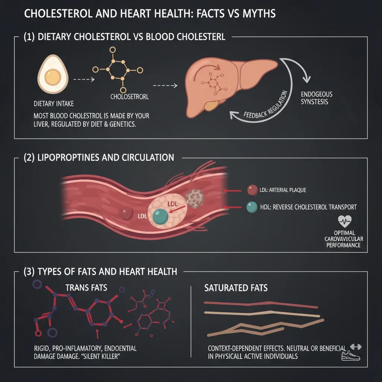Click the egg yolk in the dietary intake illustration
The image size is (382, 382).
tap(52, 76)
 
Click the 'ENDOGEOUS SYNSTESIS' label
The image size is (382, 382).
tap(316, 98)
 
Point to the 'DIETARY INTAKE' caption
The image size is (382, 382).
tap(54, 104)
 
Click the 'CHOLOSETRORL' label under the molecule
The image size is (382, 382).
tap(129, 97)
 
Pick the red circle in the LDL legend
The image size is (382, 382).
tap(253, 190)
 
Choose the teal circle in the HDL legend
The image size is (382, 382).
tap(252, 207)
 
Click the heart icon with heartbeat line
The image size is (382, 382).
tap(345, 221)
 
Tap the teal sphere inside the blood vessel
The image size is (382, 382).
tap(160, 216)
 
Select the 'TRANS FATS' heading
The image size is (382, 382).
tap(86, 288)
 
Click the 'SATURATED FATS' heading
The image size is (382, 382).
tap(236, 288)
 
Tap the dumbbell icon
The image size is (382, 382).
tap(356, 347)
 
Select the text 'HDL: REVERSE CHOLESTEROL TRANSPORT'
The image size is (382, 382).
tap(308, 207)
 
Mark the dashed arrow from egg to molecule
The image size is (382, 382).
tap(84, 79)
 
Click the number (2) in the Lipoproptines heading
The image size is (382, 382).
tap(29, 158)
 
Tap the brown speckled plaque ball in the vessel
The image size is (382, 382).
tap(194, 199)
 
